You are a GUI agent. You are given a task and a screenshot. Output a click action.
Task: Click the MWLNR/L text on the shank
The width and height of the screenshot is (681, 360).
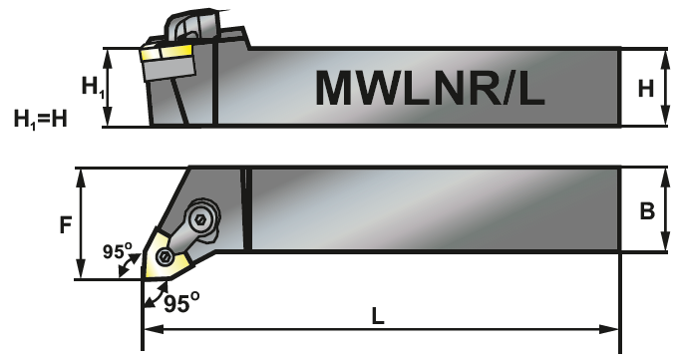(x=431, y=88)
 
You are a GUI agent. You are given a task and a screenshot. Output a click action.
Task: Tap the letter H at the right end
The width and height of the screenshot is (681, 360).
(x=646, y=88)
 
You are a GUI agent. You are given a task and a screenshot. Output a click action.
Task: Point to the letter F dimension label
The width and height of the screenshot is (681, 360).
(x=66, y=224)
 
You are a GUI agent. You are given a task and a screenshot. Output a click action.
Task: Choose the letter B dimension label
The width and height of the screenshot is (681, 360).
(x=646, y=211)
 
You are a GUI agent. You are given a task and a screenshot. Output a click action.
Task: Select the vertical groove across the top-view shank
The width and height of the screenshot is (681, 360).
(x=244, y=207)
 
